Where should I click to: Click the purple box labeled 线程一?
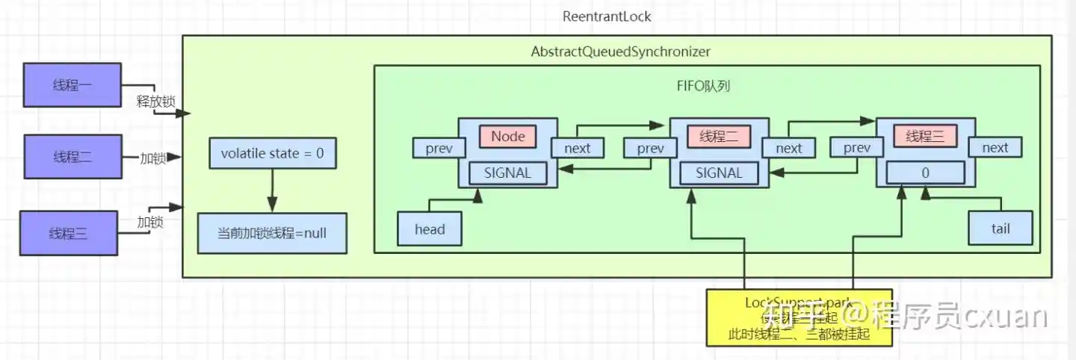(72, 84)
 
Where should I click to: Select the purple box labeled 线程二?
(72, 157)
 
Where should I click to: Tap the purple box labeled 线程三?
(69, 234)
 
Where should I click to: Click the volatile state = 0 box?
(272, 154)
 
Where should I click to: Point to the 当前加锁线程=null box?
(272, 233)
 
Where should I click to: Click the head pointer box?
(430, 229)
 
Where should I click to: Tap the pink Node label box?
(508, 137)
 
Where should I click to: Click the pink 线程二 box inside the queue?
(719, 137)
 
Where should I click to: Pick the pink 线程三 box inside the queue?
(925, 137)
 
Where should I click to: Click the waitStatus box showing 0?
(925, 173)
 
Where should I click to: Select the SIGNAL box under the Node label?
(507, 173)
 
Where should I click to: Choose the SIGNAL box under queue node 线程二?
(719, 173)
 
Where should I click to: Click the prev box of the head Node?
(439, 148)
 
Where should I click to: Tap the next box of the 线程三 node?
(995, 148)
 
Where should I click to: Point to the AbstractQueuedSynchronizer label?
(620, 52)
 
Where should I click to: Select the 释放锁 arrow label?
(155, 102)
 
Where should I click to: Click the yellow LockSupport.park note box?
(799, 317)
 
